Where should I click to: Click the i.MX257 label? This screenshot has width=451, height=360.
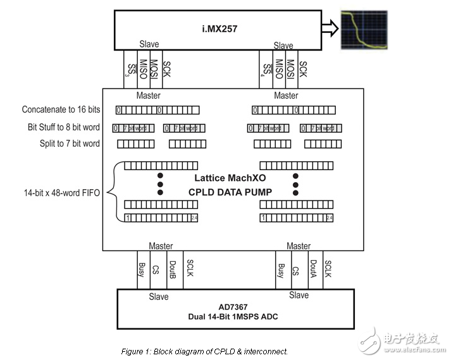(x=216, y=27)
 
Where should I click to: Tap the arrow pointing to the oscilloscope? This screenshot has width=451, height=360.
(x=328, y=28)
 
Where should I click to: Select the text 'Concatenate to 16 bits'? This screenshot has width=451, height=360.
(x=61, y=110)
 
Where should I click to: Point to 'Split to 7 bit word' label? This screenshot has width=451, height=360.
(x=70, y=144)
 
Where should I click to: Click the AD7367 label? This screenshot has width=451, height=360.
(x=229, y=306)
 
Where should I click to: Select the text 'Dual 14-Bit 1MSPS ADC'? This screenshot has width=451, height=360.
(x=229, y=316)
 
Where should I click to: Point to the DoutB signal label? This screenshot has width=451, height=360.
(x=172, y=269)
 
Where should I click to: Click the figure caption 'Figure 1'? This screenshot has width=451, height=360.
(x=204, y=351)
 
